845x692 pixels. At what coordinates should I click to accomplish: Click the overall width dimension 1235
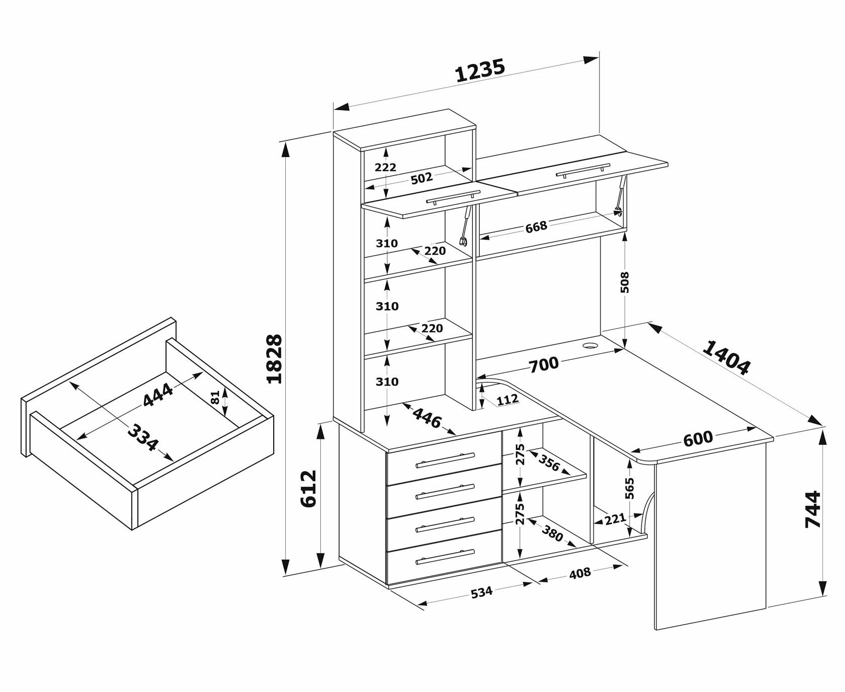point(479,70)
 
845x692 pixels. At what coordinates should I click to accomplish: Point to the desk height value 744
point(813,509)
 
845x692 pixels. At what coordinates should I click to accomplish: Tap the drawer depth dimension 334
point(143,437)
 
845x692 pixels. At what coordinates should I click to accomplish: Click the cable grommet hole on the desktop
point(589,346)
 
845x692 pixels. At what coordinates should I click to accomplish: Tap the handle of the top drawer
point(445,460)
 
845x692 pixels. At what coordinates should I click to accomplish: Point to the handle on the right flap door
point(583,171)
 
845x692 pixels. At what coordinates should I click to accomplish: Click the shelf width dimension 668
point(536,227)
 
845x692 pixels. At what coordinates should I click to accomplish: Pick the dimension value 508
point(625,282)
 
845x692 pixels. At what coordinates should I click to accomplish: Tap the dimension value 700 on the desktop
point(544,364)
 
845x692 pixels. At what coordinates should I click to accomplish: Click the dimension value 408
point(579,573)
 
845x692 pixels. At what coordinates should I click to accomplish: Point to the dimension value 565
point(630,488)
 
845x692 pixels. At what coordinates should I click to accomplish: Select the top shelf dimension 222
point(386,167)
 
